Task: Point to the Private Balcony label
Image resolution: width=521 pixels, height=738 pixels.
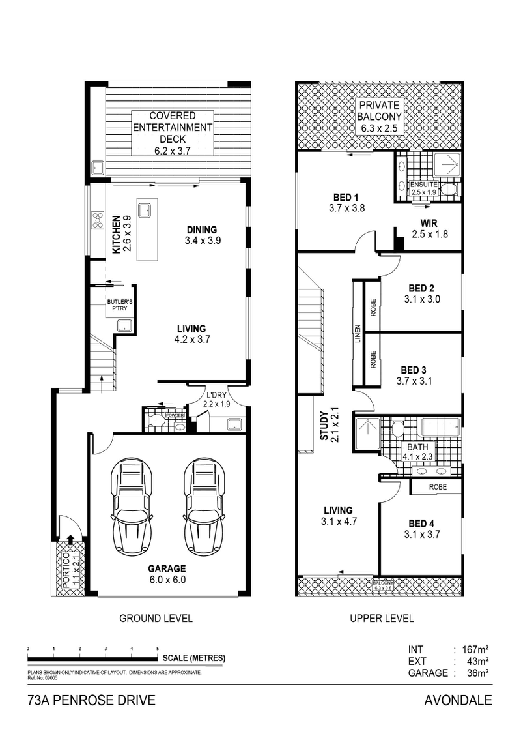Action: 381,117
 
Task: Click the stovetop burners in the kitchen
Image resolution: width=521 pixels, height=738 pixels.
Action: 98,220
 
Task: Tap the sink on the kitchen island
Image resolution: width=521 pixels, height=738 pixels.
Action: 147,210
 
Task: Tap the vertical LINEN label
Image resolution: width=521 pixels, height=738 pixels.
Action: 357,334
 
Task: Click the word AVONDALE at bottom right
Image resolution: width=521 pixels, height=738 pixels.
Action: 457,701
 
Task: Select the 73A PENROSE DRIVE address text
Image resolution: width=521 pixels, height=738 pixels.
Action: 91,701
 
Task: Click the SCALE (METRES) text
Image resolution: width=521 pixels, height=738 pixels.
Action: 194,658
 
